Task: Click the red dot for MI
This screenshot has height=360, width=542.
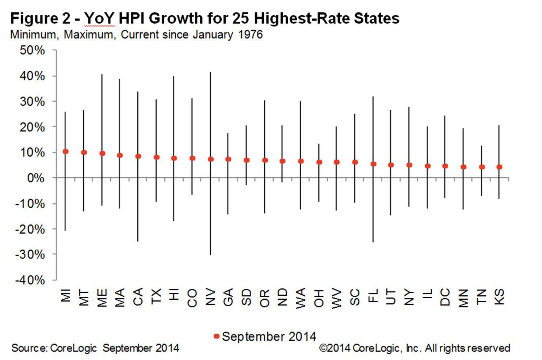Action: tap(66, 152)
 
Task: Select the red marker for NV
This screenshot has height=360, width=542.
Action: tap(210, 159)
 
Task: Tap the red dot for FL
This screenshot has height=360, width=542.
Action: tap(373, 164)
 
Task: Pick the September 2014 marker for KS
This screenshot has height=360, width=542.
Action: tap(499, 167)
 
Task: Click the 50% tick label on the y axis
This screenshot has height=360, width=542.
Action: tap(33, 50)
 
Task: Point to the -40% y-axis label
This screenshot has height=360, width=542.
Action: tap(30, 280)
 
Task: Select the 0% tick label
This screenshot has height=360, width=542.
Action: tap(36, 178)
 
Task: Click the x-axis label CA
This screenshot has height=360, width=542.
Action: tap(138, 297)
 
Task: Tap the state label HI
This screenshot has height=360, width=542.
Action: tap(174, 295)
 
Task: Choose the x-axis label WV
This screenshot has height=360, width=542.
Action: tap(337, 299)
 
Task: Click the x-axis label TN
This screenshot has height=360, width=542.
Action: tap(481, 297)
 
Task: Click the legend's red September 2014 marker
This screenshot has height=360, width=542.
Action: tap(217, 336)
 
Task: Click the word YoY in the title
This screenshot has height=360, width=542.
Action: tap(100, 18)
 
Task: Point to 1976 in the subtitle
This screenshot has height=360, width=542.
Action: tap(250, 35)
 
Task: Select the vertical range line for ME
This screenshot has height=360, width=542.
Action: tap(102, 110)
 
